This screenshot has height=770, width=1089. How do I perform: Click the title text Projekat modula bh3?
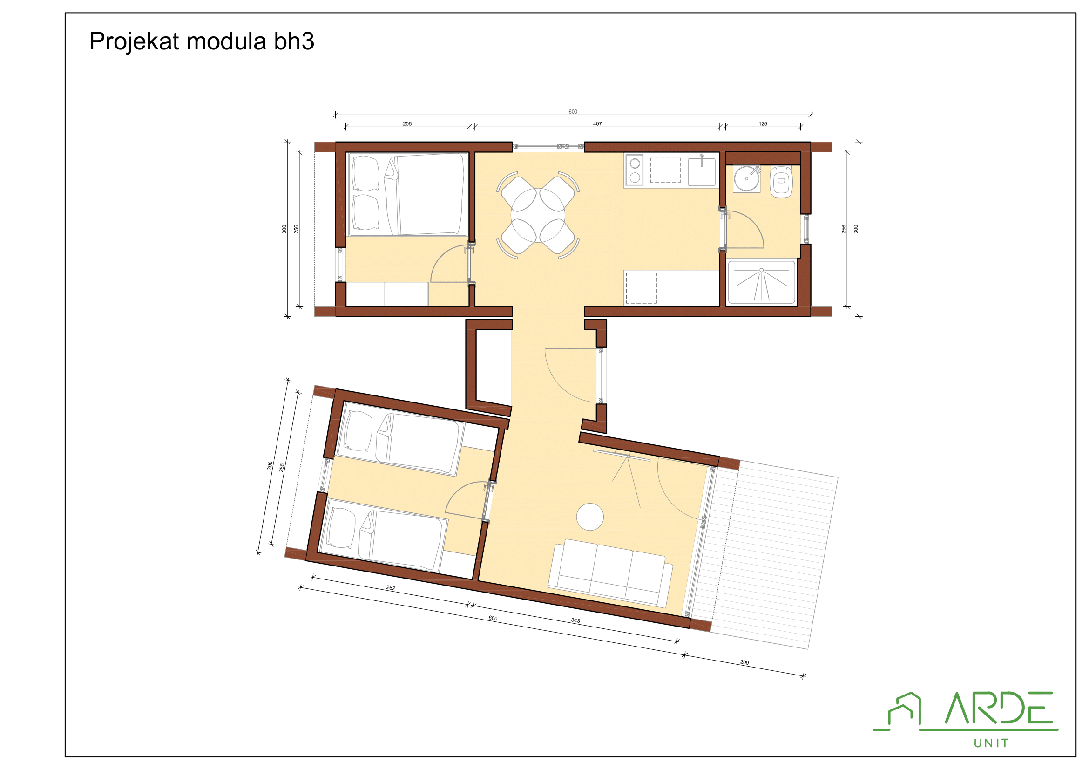point(202,41)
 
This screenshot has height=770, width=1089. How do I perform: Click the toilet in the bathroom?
point(781,182)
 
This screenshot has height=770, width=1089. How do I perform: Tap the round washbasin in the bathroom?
point(746,179)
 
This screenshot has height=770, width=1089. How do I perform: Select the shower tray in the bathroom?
point(761,282)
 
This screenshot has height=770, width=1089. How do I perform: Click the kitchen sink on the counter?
point(702,171)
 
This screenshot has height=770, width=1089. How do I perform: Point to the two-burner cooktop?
point(635,170)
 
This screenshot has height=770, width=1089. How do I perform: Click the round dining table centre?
point(538,215)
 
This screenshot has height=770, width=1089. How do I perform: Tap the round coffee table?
point(589,517)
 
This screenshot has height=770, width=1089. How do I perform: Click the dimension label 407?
point(597,124)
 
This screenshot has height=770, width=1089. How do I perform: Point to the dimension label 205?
point(407,124)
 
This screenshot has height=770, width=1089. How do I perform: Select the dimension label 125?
point(763,124)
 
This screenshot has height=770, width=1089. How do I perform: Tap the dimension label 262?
point(390,588)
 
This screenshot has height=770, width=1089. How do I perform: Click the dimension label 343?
point(575,620)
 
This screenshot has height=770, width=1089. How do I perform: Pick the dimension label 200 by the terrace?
point(744,662)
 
